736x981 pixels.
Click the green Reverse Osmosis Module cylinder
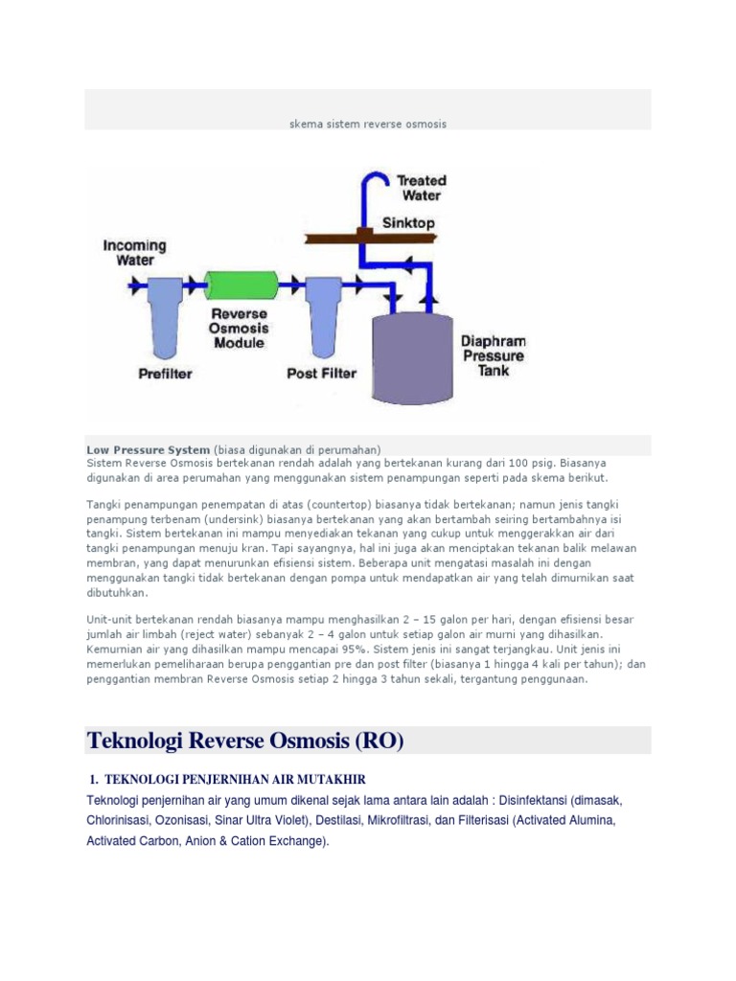click(241, 284)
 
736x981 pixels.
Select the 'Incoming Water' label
click(134, 252)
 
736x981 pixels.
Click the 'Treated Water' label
click(421, 188)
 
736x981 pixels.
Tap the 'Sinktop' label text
click(409, 222)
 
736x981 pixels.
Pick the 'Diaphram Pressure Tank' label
click(493, 354)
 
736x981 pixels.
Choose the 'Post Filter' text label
click(322, 374)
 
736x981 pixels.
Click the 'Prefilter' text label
click(165, 374)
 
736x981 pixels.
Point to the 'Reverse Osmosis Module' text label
click(239, 329)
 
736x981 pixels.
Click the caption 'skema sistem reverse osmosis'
click(368, 124)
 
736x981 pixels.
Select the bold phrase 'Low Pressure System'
click(148, 449)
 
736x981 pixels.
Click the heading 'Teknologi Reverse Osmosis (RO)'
click(246, 741)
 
